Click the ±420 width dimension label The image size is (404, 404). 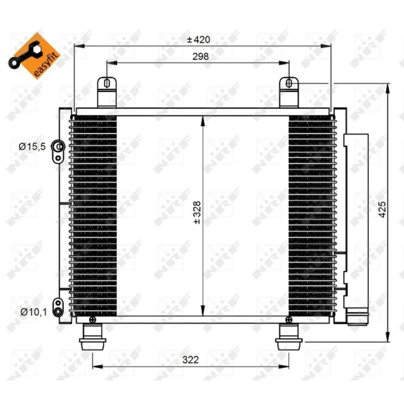pyautogui.click(x=198, y=39)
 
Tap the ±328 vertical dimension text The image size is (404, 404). pyautogui.click(x=197, y=213)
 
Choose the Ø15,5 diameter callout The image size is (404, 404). pyautogui.click(x=32, y=146)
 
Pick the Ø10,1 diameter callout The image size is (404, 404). pyautogui.click(x=34, y=312)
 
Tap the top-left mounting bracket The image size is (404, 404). pyautogui.click(x=107, y=92)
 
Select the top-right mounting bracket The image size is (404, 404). pyautogui.click(x=289, y=92)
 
